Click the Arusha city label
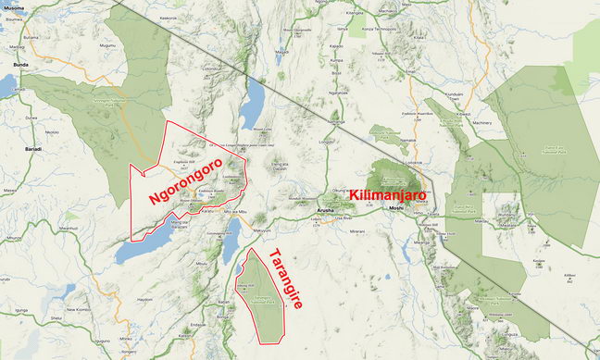click(x=323, y=211)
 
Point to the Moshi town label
click(x=396, y=209)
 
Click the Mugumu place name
click(x=107, y=44)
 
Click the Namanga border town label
click(x=335, y=119)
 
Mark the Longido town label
click(x=326, y=143)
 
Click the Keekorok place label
click(x=168, y=18)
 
